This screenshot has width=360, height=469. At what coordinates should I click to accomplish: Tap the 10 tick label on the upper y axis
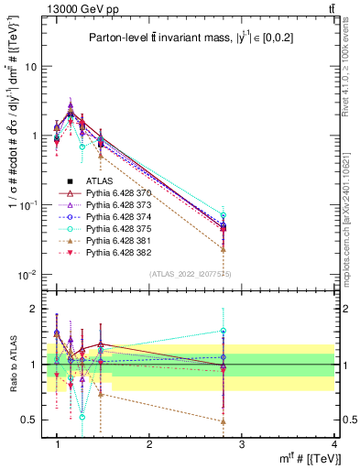pyautogui.click(x=30, y=67)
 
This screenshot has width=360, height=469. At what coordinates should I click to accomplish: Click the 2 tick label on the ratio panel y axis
pyautogui.click(x=33, y=310)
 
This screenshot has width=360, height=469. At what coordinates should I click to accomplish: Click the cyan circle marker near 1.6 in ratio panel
pyautogui.click(x=224, y=331)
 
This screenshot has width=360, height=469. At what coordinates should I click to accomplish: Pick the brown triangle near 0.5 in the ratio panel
pyautogui.click(x=224, y=421)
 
